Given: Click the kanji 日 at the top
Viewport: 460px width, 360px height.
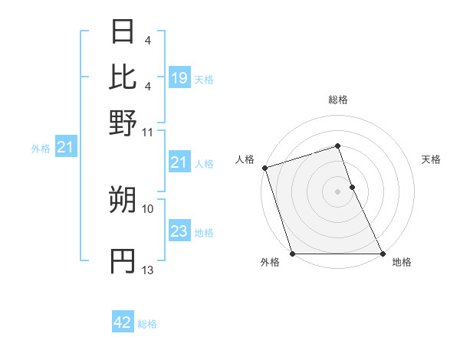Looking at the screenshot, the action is [123, 32].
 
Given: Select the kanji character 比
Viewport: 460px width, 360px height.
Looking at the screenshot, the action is [123, 77].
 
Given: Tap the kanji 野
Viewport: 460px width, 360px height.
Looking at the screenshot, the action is [123, 123].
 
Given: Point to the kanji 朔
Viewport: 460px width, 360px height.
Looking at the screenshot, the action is [123, 201].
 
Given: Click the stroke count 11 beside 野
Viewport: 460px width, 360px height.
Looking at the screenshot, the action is [148, 132].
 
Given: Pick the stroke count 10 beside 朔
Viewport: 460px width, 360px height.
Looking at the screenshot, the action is [148, 208].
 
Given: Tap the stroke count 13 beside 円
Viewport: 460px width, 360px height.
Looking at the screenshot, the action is [148, 270].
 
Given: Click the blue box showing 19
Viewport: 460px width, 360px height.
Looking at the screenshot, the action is [179, 78].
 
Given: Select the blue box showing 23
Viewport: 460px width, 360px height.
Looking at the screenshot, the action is [179, 231].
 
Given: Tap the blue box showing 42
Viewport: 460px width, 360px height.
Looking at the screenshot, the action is [123, 322].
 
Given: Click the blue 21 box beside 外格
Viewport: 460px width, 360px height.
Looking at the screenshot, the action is [64, 147].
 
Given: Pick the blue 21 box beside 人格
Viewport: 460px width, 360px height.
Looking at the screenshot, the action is [179, 162].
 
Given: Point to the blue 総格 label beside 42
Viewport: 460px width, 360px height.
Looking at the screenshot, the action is [147, 324].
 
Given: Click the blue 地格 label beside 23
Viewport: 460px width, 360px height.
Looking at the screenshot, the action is [204, 233].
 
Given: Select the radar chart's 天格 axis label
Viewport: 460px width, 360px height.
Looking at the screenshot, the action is [431, 159].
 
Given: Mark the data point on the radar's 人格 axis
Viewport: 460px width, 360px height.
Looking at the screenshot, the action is [264, 168].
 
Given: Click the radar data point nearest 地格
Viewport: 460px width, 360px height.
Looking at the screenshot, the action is [382, 254].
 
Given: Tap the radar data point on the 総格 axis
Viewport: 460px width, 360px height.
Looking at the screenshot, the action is [337, 146].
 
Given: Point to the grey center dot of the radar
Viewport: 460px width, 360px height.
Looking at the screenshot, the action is [337, 191].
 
